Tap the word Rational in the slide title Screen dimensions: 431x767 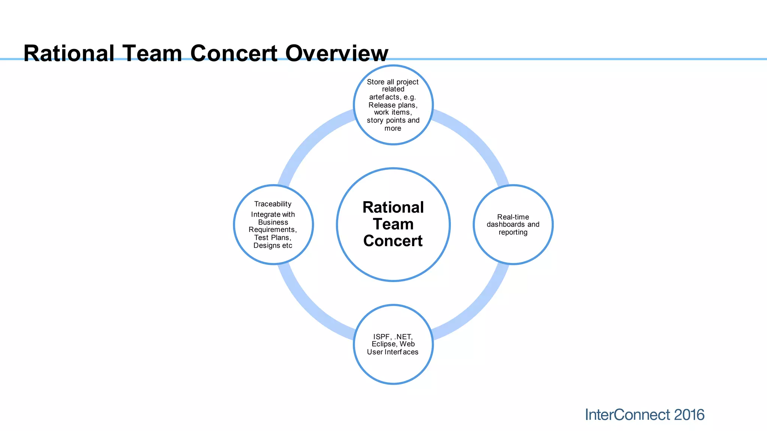pyautogui.click(x=69, y=54)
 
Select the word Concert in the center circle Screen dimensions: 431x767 pyautogui.click(x=393, y=241)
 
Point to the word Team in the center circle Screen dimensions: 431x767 pyautogui.click(x=393, y=224)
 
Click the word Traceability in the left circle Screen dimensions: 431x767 pyautogui.click(x=273, y=204)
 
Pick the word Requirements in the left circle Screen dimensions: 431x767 pyautogui.click(x=272, y=230)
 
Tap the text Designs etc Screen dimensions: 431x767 pyautogui.click(x=273, y=245)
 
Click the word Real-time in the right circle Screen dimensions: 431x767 pyautogui.click(x=513, y=217)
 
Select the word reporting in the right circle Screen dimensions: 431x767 pyautogui.click(x=513, y=232)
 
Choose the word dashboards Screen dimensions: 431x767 pyautogui.click(x=505, y=224)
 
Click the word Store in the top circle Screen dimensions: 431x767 pyautogui.click(x=376, y=82)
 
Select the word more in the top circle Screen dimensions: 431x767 pyautogui.click(x=393, y=128)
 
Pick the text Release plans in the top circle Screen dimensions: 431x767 pyautogui.click(x=393, y=105)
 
